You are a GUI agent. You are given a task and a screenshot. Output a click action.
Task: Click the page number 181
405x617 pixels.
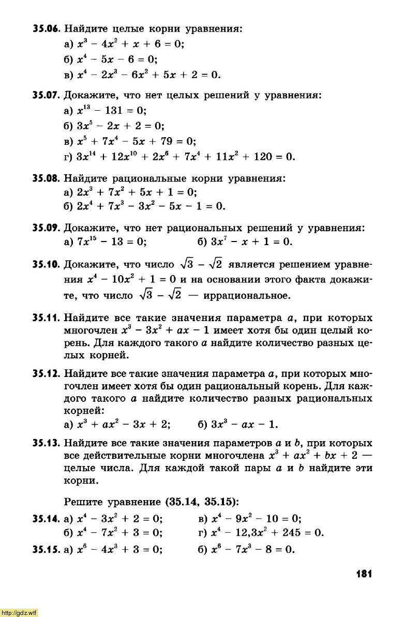click(x=364, y=574)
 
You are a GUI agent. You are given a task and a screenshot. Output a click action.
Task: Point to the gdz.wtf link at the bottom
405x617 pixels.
click(x=19, y=612)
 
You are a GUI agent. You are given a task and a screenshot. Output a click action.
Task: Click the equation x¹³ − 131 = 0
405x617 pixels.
click(x=112, y=111)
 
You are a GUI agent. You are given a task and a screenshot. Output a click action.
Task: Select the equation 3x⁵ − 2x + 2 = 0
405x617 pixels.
click(x=121, y=126)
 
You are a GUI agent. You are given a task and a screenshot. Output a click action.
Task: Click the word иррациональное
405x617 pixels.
click(x=245, y=296)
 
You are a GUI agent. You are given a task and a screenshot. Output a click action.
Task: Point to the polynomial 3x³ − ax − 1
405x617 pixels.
click(x=245, y=425)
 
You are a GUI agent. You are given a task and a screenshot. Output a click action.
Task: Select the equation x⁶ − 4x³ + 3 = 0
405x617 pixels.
click(x=120, y=550)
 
